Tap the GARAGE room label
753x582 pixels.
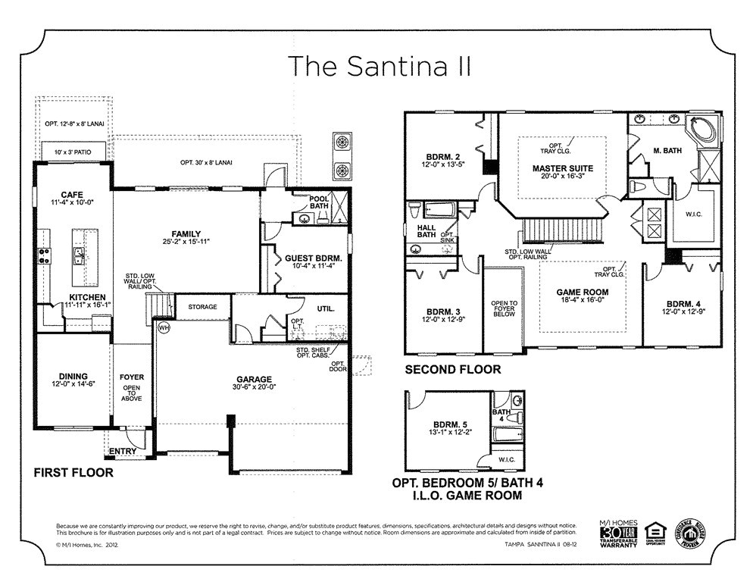point(252,380)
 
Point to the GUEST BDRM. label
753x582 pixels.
point(314,258)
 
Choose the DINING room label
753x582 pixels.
point(73,376)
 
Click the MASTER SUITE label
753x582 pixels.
point(562,168)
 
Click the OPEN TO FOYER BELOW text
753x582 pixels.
point(504,308)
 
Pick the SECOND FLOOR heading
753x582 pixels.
point(452,370)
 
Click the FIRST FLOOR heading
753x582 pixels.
point(73,473)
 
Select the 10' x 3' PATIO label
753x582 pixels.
point(73,153)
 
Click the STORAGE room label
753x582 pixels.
point(202,307)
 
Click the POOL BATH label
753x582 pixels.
point(319,202)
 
